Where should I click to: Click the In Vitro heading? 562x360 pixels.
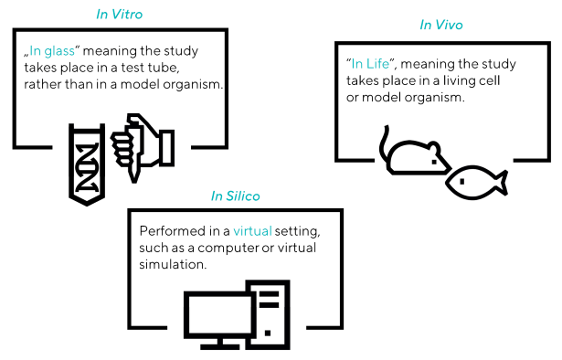tap(120, 15)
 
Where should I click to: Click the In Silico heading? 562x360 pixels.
tap(235, 196)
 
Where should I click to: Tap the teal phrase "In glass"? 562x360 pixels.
tap(52, 52)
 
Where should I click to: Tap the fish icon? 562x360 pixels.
tap(475, 182)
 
